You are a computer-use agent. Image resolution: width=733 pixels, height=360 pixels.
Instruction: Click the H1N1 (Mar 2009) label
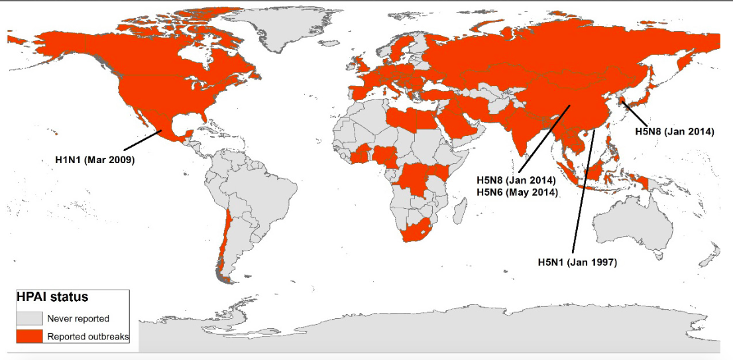(94, 160)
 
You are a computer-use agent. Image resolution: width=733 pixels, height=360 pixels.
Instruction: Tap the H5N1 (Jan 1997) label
(577, 263)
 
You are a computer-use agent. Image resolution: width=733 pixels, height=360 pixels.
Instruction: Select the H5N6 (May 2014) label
(517, 192)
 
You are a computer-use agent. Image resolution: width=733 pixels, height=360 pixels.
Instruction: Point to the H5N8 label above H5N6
(516, 180)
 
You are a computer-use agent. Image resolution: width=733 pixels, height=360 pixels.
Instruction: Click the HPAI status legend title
(52, 297)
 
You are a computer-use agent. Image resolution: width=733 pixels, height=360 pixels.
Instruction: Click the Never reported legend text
(78, 319)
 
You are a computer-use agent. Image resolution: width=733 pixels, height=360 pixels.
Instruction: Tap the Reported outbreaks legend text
(88, 337)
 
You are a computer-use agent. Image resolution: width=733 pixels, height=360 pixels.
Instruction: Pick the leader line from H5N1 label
(587, 192)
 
